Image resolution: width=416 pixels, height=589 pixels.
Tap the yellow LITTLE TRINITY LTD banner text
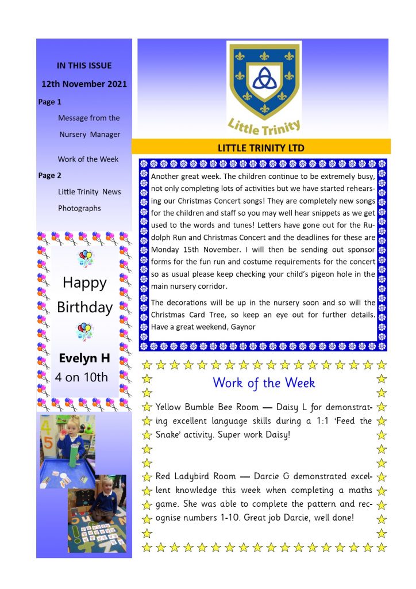261,148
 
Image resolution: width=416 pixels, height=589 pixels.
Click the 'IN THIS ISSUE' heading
84,66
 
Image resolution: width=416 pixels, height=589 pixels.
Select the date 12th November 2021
84,84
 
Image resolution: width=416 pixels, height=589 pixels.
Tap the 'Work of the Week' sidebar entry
88,159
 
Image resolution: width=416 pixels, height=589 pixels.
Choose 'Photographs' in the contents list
79,208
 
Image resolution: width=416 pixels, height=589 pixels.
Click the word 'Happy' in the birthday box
84,282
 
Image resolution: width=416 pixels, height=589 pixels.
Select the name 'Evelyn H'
84,358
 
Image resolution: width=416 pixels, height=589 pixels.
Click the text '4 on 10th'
82,377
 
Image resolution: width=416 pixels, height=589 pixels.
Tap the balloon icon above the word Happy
85,258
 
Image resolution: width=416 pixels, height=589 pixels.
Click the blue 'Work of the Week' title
264,383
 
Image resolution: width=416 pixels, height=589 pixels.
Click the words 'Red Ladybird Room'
195,476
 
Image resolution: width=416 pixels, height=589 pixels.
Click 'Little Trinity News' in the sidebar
89,192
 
